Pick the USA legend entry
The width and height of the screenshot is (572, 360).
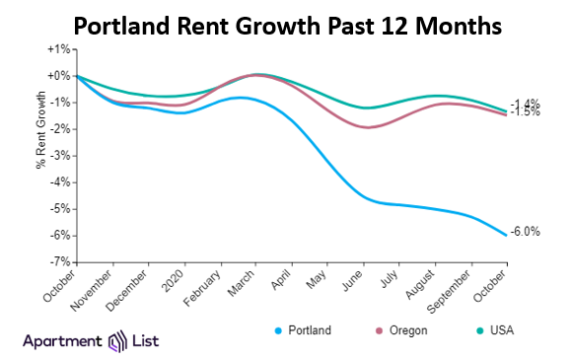[x=504, y=330]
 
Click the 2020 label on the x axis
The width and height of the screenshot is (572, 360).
[x=176, y=279]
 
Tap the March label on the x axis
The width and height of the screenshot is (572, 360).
[x=244, y=282]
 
